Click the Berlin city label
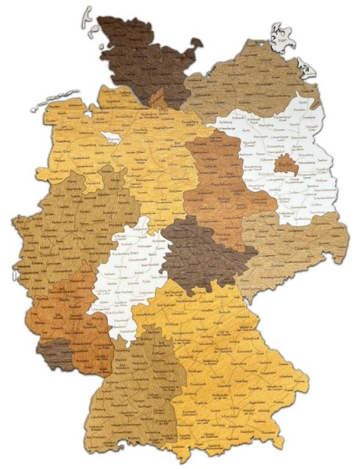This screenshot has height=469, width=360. pyautogui.click(x=286, y=166)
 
